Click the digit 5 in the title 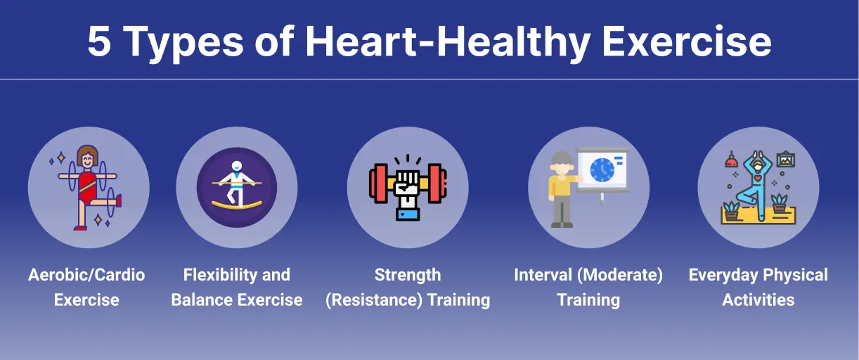point(99,41)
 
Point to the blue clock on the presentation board point(602,170)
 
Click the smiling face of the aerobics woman point(87,159)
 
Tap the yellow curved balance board point(237,205)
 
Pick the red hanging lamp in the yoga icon point(731,160)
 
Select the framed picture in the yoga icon point(785,160)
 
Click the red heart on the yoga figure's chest point(758,179)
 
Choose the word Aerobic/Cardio point(86,275)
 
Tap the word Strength point(408,275)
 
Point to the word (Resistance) point(374,300)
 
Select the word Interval point(543,275)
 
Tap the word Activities point(758,300)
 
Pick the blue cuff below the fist point(408,214)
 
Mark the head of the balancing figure point(237,167)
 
